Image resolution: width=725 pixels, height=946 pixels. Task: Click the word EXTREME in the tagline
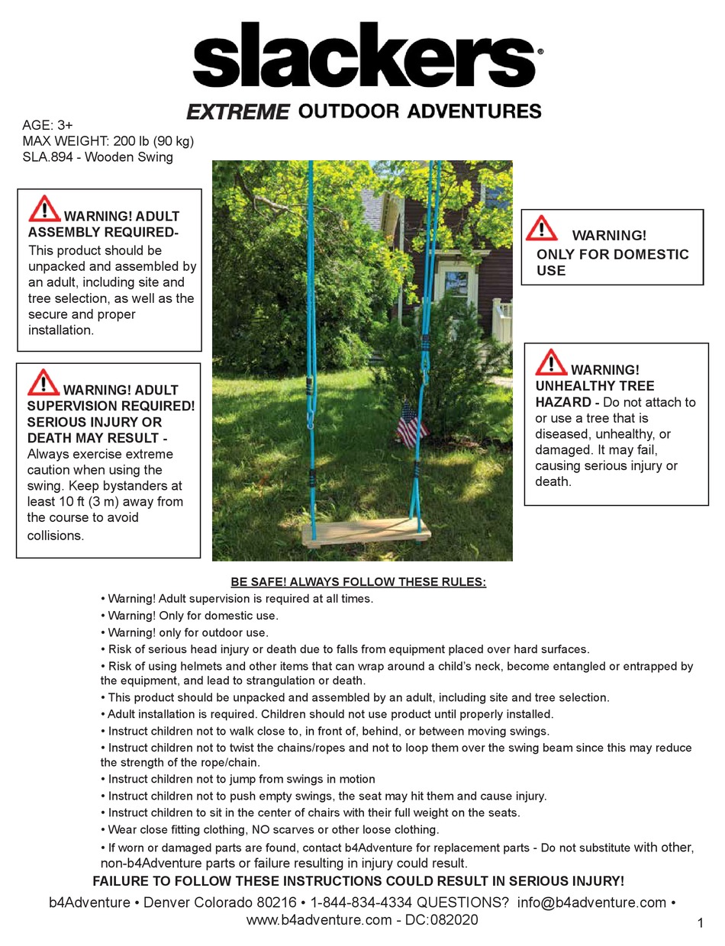[x=237, y=112]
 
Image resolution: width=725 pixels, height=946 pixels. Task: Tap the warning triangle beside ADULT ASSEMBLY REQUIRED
[x=44, y=209]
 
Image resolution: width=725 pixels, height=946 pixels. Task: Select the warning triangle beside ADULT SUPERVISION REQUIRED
[x=43, y=382]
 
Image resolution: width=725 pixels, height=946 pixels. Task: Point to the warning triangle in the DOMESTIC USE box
[x=542, y=228]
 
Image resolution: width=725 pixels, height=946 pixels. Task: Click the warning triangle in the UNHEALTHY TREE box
[x=551, y=362]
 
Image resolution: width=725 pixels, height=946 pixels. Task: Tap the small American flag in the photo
[x=411, y=428]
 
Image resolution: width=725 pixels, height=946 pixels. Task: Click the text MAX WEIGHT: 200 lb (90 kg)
[x=108, y=141]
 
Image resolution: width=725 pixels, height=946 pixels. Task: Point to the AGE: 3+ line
[x=47, y=125]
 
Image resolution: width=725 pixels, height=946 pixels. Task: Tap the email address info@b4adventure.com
[x=591, y=903]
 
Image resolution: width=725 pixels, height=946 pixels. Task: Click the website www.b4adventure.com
[x=318, y=920]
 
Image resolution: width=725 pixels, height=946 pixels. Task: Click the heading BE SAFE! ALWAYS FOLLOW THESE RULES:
[x=358, y=582]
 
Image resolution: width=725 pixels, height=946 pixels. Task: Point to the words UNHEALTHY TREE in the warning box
[x=594, y=386]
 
